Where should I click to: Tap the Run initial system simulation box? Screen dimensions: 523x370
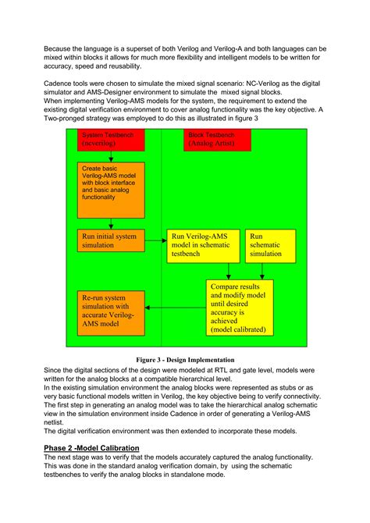pos(111,240)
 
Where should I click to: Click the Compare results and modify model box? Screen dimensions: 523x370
pos(240,308)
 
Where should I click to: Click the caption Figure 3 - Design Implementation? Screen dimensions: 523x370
pos(185,360)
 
